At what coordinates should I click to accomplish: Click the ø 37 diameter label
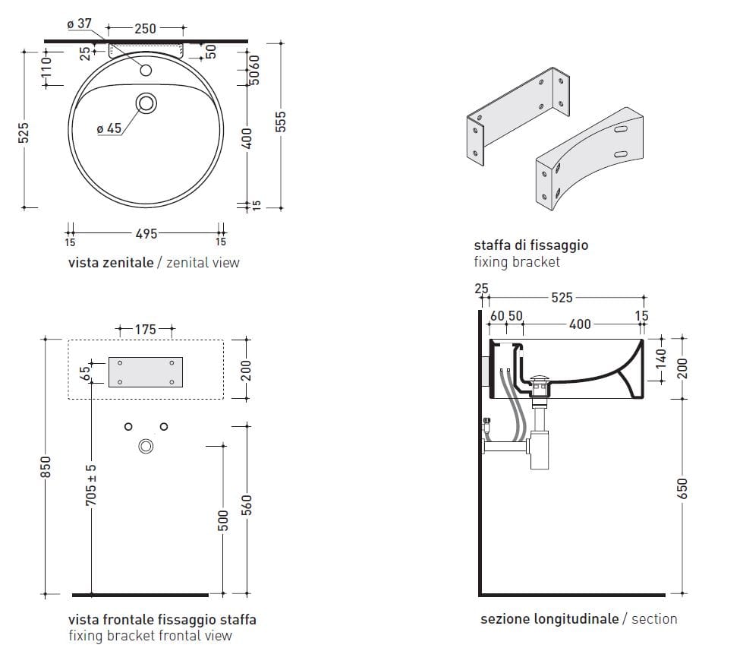(79, 24)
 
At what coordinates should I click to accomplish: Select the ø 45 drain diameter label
(109, 128)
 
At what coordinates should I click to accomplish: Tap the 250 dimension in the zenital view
(145, 29)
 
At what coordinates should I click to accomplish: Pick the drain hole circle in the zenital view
(146, 102)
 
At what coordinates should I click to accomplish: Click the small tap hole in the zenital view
(146, 71)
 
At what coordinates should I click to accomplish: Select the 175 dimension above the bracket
(145, 330)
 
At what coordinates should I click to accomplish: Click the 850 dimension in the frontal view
(45, 466)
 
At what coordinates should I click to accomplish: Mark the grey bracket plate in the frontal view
(146, 371)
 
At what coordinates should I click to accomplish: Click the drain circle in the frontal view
(146, 447)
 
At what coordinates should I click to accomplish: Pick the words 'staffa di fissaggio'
(530, 245)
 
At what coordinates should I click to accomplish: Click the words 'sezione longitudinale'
(549, 619)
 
